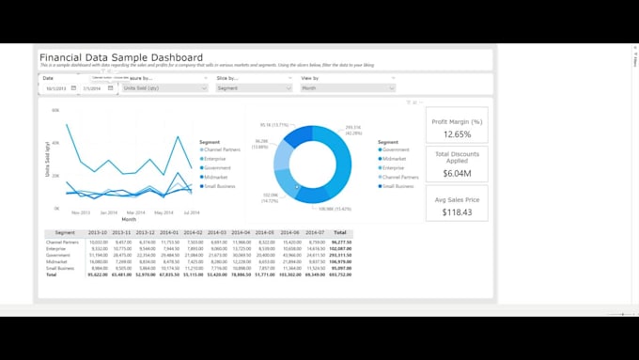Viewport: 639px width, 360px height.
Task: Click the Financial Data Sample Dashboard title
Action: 120,57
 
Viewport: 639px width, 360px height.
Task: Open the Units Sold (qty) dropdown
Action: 164,88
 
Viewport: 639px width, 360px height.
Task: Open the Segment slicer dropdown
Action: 254,88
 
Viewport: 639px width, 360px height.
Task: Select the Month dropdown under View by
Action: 348,88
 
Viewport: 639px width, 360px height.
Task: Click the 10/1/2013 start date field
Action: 55,88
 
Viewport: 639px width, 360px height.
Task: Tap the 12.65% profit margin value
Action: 457,134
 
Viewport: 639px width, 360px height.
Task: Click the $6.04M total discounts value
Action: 457,173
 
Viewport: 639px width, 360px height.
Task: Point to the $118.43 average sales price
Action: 457,212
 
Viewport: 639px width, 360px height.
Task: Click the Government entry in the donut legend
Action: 396,149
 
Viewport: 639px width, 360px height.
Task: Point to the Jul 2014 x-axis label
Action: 192,213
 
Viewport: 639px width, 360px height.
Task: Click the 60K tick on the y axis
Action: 55,111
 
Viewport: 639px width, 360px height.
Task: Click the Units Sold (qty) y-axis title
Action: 47,158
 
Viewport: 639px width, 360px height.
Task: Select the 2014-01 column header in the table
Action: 169,232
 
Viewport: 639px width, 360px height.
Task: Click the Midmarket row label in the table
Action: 60,261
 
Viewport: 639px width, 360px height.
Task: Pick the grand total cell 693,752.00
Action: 340,274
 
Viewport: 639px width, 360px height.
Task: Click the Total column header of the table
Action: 340,232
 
